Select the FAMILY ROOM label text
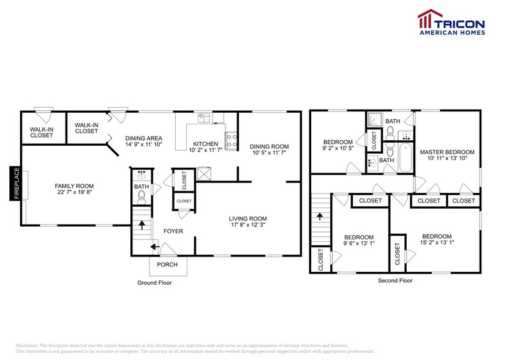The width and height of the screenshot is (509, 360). pos(74,186)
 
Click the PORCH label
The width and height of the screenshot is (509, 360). pos(167,264)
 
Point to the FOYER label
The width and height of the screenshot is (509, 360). pos(173,231)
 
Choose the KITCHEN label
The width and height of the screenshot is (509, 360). pos(203,144)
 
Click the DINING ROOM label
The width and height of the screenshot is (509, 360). pos(269,146)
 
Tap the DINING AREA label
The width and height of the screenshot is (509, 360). pos(145,138)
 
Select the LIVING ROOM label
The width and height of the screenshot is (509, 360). pos(247,219)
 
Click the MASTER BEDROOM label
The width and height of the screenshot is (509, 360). pos(447,152)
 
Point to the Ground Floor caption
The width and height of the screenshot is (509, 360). pos(154,283)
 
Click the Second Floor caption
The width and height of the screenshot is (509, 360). pos(394,280)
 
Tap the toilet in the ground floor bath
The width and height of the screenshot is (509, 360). pos(141,196)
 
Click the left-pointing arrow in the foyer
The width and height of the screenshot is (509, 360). pos(154,247)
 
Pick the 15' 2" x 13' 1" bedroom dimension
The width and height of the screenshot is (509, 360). pos(437,243)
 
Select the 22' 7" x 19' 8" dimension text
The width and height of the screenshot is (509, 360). pos(74,192)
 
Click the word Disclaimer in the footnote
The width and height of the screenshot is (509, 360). pos(28,346)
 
